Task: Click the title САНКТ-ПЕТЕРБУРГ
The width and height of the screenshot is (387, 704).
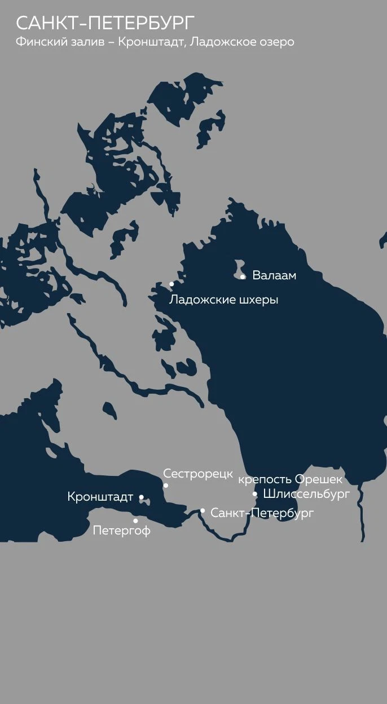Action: [x=105, y=24]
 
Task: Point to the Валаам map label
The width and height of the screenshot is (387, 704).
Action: [x=274, y=276]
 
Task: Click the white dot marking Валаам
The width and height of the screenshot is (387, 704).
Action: [x=243, y=277]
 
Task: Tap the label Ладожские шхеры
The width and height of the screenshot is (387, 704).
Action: [x=223, y=300]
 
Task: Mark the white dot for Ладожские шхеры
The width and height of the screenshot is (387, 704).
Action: [x=171, y=284]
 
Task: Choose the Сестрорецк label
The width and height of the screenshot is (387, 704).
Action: [x=198, y=474]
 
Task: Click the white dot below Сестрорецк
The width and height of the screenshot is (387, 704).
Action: [x=166, y=485]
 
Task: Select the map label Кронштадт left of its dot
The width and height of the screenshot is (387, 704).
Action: [x=100, y=497]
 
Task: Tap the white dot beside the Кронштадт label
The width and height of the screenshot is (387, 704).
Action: [x=141, y=497]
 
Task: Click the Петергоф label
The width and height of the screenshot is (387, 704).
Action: [x=122, y=531]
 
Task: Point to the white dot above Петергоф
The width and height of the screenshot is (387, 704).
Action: [x=135, y=520]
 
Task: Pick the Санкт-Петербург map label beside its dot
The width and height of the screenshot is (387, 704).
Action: [x=262, y=513]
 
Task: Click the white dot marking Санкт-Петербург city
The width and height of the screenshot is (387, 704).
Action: [x=203, y=511]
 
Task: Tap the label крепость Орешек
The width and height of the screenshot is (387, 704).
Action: [x=290, y=480]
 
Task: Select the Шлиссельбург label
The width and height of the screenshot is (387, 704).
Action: [x=306, y=494]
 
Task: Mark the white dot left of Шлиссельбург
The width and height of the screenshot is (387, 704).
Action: [x=255, y=494]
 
